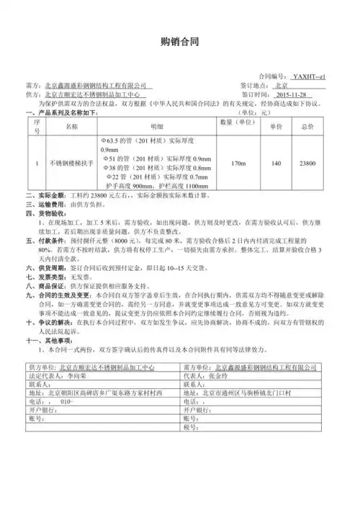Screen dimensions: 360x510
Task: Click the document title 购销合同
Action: (179, 42)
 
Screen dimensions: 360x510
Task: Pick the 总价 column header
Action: (308, 127)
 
